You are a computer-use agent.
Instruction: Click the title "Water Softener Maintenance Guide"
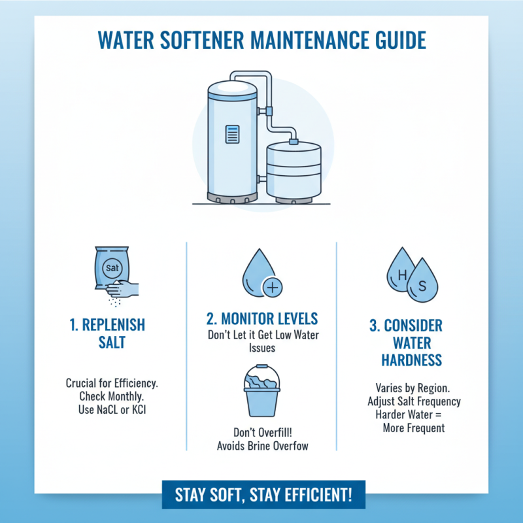pyautogui.click(x=261, y=41)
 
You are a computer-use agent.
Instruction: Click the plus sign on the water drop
pyautogui.click(x=271, y=286)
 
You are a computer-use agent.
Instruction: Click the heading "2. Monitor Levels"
pyautogui.click(x=261, y=318)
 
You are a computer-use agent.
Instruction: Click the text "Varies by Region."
pyautogui.click(x=413, y=388)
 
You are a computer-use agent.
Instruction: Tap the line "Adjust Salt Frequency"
pyautogui.click(x=413, y=401)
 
